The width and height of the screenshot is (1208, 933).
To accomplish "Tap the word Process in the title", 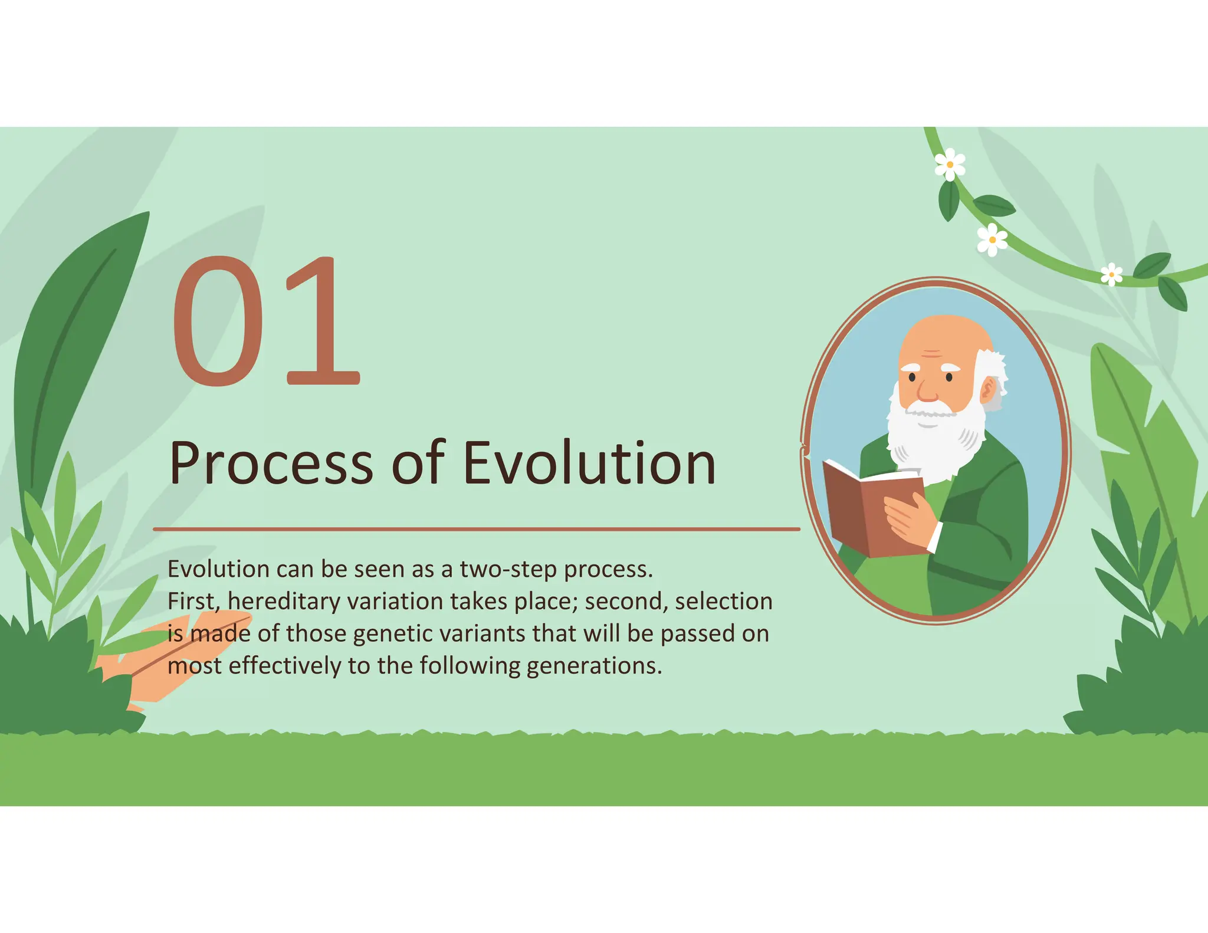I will tap(271, 464).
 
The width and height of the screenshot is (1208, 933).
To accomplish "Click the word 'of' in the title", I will tap(418, 464).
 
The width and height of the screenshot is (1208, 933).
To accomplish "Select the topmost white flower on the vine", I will tap(950, 165).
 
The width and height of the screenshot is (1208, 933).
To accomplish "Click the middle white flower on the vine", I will tap(992, 240).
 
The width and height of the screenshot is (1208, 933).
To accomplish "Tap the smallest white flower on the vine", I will tap(1111, 275).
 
